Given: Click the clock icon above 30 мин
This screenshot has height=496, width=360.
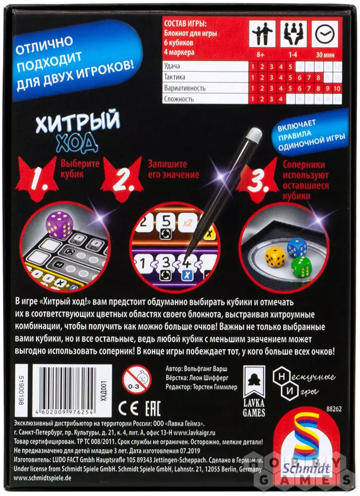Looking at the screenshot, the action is (325, 34).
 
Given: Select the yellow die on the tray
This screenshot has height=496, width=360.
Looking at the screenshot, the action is (275, 256).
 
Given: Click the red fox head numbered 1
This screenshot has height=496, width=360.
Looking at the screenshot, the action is (38, 179).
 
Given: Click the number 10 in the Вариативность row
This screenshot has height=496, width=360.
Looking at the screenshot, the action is (337, 88).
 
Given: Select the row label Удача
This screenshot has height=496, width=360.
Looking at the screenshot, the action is (172, 66).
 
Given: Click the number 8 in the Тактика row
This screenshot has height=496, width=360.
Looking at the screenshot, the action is (318, 77).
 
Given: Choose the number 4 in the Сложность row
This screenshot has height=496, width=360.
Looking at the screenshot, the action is (281, 99).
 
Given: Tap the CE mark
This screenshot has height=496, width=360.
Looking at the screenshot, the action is (128, 409).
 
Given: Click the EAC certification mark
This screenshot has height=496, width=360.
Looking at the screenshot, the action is (153, 408).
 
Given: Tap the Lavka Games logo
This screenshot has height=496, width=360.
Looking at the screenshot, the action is (254, 391).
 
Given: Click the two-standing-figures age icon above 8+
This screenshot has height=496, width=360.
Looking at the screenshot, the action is (262, 34).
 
